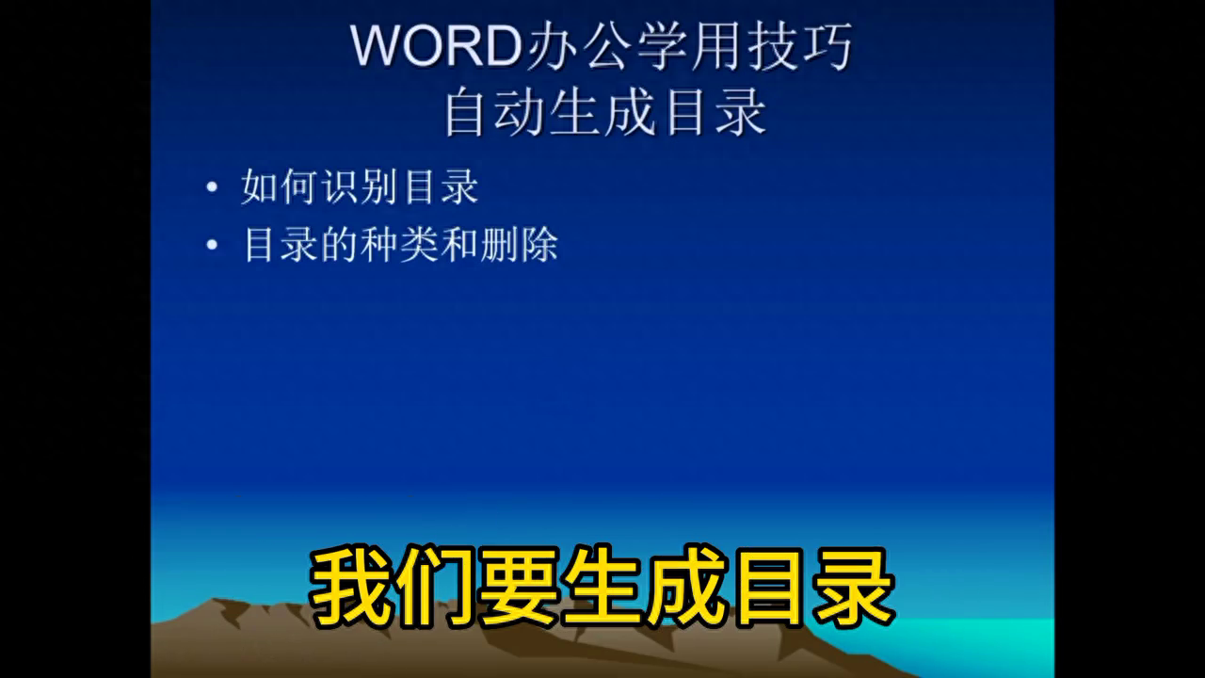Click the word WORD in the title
click(436, 45)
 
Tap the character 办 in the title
click(552, 46)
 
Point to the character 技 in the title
click(772, 46)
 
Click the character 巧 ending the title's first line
click(827, 46)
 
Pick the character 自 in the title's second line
click(464, 112)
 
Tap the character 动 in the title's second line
click(519, 112)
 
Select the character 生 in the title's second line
click(574, 112)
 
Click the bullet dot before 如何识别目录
click(212, 187)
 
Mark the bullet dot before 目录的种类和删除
click(212, 245)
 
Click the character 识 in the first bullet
click(341, 186)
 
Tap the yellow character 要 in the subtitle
click(519, 587)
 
